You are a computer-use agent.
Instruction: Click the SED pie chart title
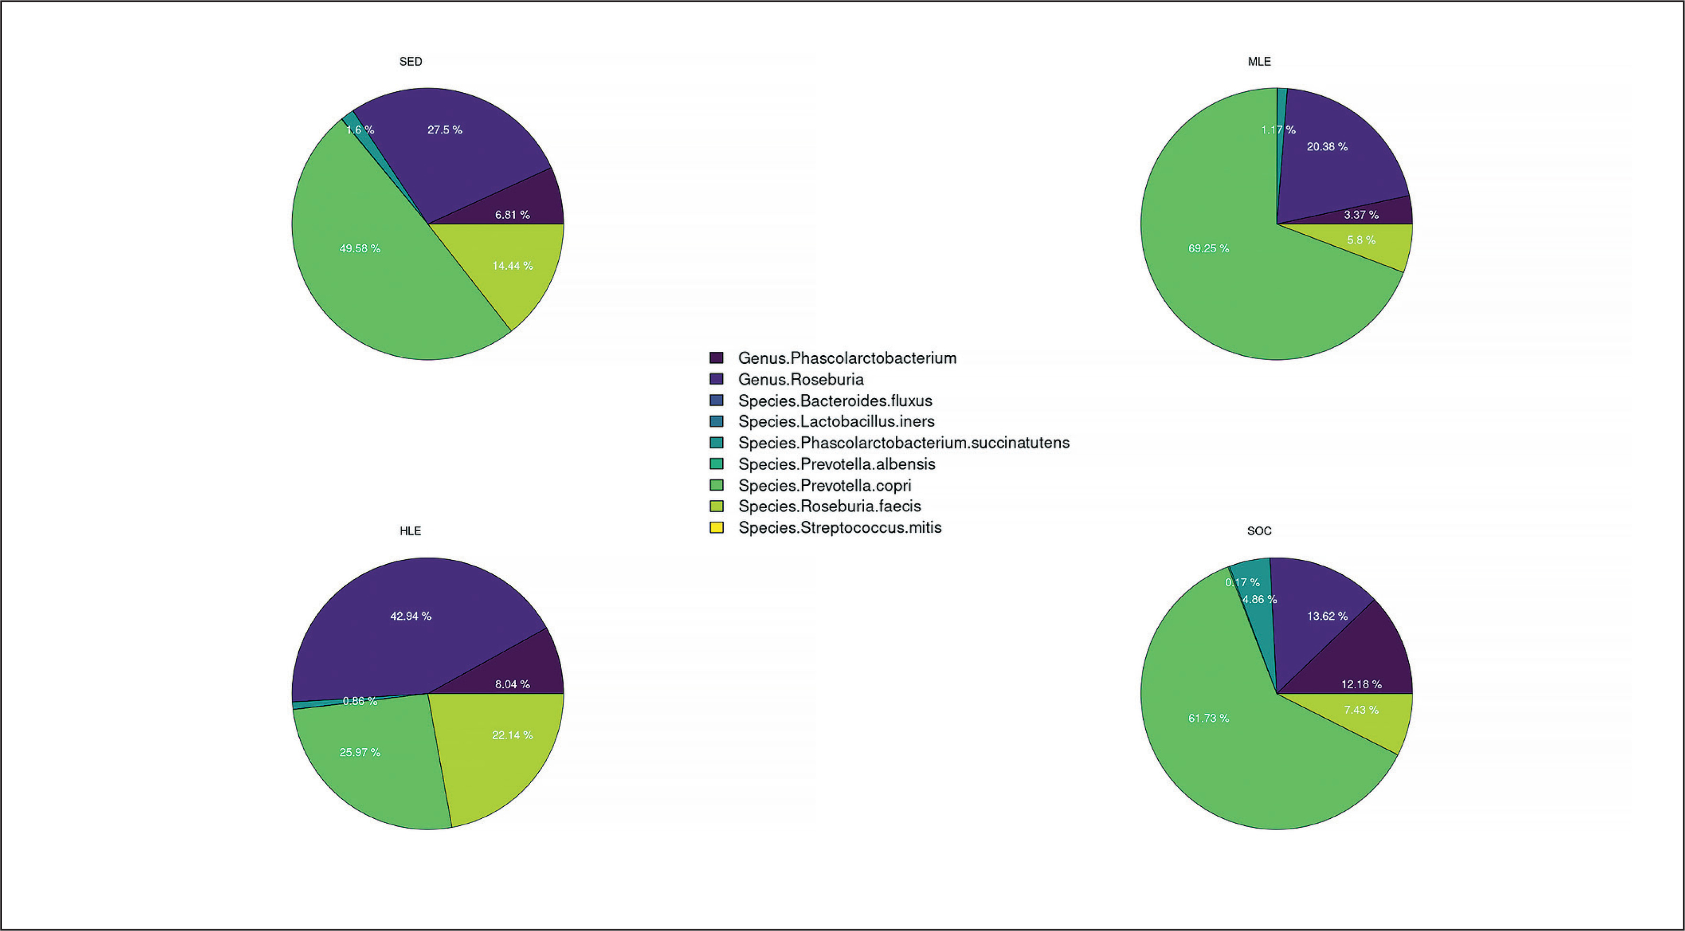[411, 62]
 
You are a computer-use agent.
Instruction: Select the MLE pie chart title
[1259, 62]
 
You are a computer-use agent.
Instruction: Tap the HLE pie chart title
[410, 531]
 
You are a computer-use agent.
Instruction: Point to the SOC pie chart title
[1259, 531]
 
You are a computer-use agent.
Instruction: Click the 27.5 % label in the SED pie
[445, 130]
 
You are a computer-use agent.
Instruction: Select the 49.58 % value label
[360, 249]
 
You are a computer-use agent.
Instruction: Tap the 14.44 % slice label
[512, 266]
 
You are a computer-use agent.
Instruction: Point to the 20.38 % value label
[1327, 146]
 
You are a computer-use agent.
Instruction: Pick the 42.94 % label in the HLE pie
[411, 616]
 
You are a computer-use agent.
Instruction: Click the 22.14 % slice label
[512, 735]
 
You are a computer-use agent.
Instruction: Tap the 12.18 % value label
[1361, 684]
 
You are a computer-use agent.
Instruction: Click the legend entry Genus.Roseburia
[801, 380]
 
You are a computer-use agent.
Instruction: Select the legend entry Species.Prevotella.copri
[824, 485]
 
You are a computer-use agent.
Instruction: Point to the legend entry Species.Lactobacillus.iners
[836, 421]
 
